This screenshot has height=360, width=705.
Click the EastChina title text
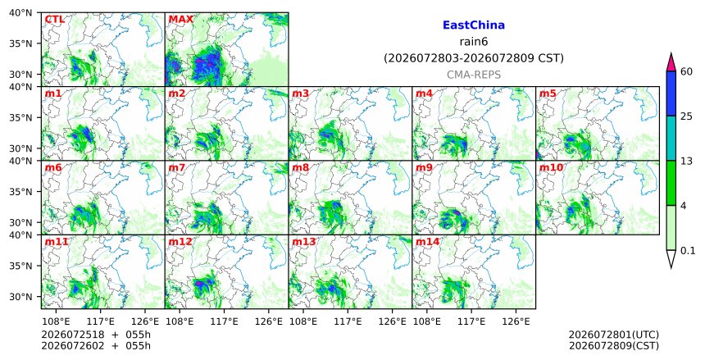[x=474, y=25]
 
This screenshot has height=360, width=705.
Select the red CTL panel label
[x=54, y=20]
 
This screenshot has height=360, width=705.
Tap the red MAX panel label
[x=180, y=20]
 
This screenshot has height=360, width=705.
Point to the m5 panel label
[x=548, y=93]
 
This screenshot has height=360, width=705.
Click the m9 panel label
[x=424, y=167]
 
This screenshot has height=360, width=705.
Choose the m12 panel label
[x=180, y=242]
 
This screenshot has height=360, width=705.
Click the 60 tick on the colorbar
[x=687, y=71]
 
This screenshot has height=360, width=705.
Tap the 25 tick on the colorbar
[x=687, y=116]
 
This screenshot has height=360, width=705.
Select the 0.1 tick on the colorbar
[x=688, y=251]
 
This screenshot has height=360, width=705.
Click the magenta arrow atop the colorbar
[x=671, y=62]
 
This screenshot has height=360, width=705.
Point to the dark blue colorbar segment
[x=671, y=93]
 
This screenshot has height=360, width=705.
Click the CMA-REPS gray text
[x=474, y=75]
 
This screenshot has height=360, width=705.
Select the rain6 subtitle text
[x=474, y=42]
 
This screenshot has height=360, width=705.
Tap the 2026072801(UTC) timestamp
[x=614, y=335]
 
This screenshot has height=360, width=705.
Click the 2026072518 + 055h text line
[x=96, y=335]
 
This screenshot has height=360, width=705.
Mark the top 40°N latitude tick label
[x=20, y=13]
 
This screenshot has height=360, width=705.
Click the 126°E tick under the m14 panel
[x=516, y=321]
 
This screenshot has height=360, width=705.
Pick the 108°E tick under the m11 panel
[x=57, y=321]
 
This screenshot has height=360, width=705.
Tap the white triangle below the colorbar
[x=671, y=258]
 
